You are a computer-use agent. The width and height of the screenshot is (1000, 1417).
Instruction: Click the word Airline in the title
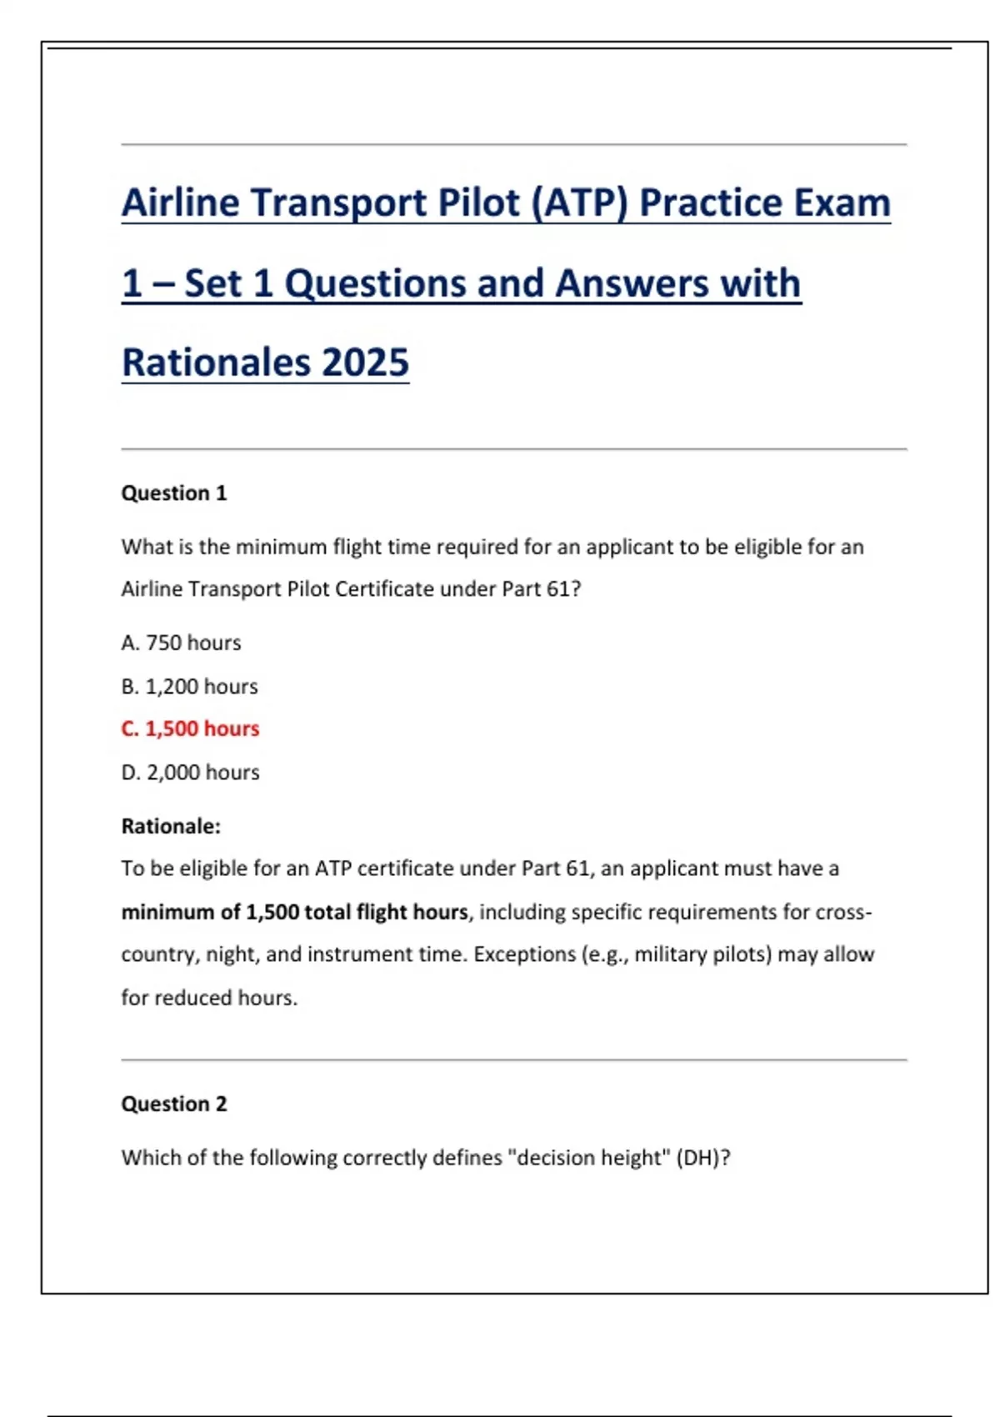181,203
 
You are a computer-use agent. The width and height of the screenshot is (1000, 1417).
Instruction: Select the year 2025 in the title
365,363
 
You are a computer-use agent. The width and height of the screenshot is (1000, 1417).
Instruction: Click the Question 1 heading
173,493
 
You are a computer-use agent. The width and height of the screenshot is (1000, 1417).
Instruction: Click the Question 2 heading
173,1104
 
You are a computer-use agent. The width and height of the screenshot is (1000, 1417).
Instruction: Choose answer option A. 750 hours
181,643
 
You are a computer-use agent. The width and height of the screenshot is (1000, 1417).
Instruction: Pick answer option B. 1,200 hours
189,686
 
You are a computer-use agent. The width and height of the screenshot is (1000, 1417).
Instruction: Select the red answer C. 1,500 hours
190,729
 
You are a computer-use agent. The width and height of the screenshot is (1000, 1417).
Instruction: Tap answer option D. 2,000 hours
190,773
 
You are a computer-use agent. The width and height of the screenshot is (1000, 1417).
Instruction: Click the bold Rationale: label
171,826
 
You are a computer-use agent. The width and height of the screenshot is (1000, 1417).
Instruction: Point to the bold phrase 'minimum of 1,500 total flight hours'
294,912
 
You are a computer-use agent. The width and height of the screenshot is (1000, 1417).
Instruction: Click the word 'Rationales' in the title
215,363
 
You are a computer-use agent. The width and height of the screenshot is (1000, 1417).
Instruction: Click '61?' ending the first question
563,589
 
